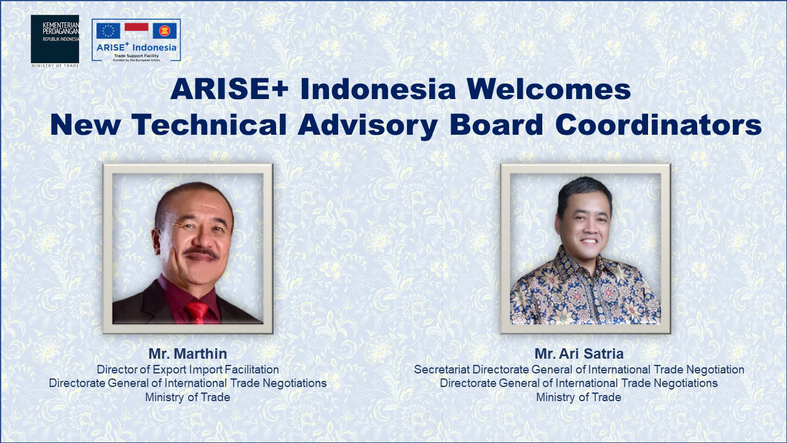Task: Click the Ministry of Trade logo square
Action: click(55, 39)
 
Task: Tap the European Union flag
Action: click(108, 31)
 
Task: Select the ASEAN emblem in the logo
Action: click(164, 31)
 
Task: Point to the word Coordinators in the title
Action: click(658, 125)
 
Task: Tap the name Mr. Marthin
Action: click(188, 354)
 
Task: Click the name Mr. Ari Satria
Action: click(579, 354)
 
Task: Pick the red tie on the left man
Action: click(197, 312)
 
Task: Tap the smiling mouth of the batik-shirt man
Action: click(588, 241)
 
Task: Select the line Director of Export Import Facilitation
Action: click(188, 370)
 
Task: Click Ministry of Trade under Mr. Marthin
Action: click(188, 397)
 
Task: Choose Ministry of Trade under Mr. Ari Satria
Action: click(579, 397)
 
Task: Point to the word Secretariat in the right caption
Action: click(442, 370)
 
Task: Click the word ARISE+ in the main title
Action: click(229, 89)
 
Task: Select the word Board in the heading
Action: click(497, 125)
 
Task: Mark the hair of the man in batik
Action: click(583, 191)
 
